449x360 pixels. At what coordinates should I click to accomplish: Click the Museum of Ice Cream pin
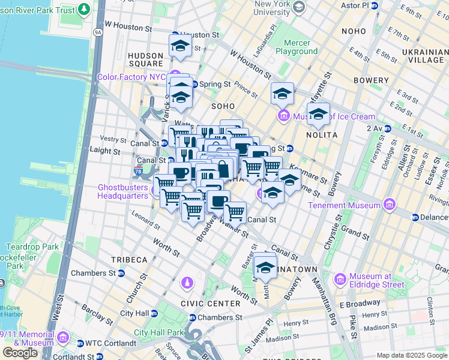tap(283, 116)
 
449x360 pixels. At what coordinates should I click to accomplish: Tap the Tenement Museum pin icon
tap(390, 205)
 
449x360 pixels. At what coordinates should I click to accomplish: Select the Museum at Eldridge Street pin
tap(340, 280)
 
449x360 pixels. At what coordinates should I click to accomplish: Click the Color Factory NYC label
tap(131, 77)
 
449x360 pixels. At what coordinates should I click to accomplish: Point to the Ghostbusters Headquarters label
tap(122, 191)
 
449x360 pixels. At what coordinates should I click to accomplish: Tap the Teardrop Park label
tap(24, 247)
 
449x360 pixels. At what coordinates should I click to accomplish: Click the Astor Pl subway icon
tap(375, 5)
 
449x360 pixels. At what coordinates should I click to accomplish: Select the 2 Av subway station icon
tap(387, 128)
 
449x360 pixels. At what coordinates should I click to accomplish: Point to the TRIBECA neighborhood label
tap(128, 259)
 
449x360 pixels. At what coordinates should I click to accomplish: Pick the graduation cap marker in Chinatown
tap(265, 268)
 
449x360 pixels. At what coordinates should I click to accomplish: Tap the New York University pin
tap(299, 7)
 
